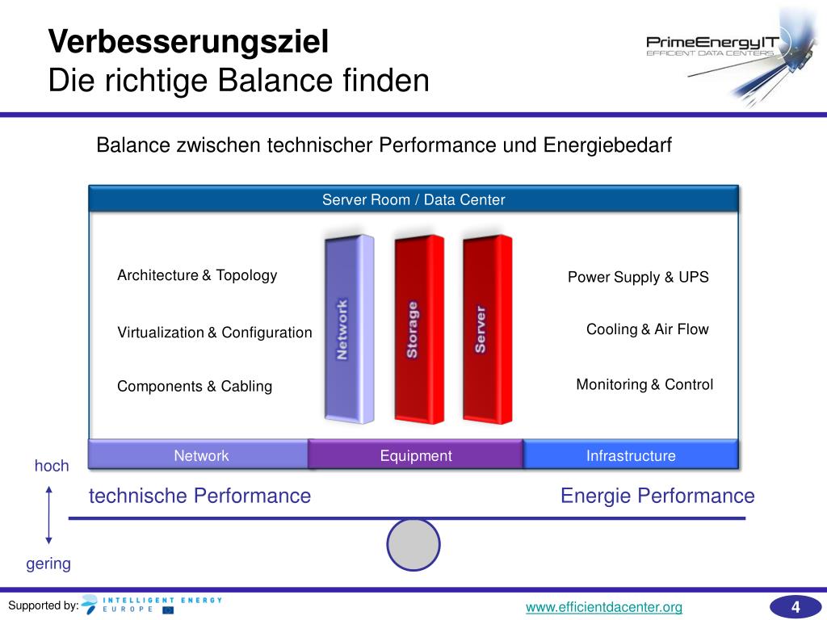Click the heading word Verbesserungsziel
(188, 42)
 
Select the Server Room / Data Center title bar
(413, 199)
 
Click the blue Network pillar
(349, 329)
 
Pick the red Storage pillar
(418, 329)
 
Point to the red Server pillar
(487, 329)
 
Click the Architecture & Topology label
(197, 275)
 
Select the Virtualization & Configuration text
(215, 333)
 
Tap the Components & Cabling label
(195, 387)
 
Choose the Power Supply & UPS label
(638, 278)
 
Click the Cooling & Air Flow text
(647, 329)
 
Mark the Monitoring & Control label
(644, 385)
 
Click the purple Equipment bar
(416, 456)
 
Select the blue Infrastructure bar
(631, 456)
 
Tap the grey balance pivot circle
(413, 545)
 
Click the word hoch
(52, 466)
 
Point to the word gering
(48, 564)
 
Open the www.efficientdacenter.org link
(604, 607)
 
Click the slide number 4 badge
(795, 607)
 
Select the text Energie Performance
(657, 496)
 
